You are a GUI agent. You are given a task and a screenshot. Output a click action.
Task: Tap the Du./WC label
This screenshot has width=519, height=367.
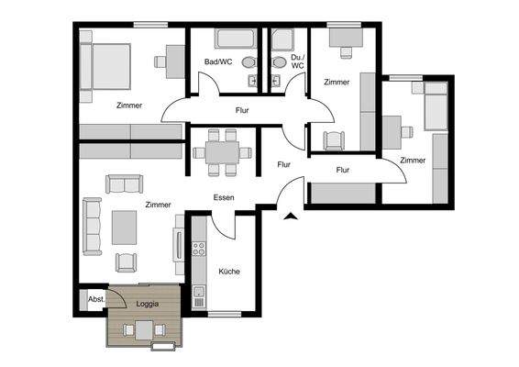pos(298,61)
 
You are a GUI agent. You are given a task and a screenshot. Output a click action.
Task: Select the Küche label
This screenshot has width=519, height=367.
pos(228,271)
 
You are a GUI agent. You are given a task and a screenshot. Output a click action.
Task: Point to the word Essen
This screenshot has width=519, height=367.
pos(224,197)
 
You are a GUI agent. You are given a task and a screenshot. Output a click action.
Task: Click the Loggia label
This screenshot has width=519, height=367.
pos(147,303)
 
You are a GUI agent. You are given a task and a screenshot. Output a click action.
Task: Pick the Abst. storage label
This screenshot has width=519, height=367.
pos(94,299)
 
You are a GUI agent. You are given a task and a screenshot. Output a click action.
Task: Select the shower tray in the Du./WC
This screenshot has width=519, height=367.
pos(281,39)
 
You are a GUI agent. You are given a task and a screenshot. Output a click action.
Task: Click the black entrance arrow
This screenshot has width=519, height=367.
pos(290,217)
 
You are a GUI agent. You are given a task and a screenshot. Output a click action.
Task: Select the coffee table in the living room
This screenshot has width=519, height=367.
pos(125,227)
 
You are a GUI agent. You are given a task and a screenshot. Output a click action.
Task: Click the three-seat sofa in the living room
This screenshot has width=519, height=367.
pos(93,227)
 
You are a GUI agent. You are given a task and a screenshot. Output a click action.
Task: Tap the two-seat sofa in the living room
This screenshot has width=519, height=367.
pos(124,184)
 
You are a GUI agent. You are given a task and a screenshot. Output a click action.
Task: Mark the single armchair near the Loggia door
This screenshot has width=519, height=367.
pos(125,263)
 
